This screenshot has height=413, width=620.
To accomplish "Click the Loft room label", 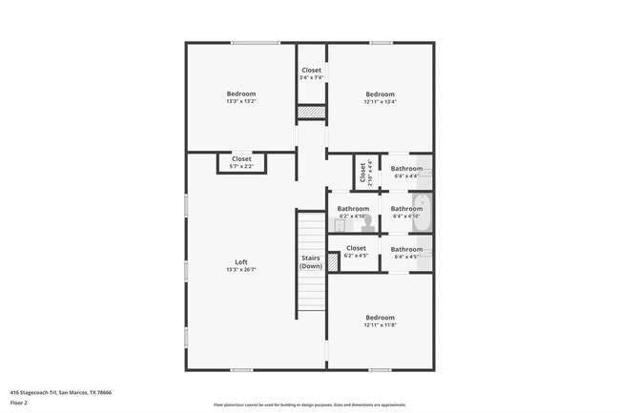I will [241, 262].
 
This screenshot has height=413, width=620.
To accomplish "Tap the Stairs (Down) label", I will [311, 261].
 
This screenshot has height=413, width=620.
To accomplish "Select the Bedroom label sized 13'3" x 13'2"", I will [241, 93].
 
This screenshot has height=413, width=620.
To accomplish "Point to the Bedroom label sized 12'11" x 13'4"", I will [380, 93].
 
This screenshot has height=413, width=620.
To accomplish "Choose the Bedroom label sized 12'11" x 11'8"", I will [380, 318].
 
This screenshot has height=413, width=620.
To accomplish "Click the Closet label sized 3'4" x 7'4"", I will [312, 70].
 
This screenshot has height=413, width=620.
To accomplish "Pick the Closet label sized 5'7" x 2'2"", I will [241, 159].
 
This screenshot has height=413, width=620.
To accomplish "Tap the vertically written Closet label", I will [362, 172].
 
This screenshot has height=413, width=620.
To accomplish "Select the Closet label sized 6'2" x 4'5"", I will [356, 248].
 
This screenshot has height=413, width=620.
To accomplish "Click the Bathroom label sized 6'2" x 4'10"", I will [353, 208].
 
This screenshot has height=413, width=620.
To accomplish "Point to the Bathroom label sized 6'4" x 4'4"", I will [406, 169].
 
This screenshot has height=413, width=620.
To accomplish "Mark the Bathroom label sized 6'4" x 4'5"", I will [406, 249].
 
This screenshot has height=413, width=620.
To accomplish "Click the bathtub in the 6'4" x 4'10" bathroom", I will [426, 212].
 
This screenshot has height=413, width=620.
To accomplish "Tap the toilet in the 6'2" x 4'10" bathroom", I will [366, 225].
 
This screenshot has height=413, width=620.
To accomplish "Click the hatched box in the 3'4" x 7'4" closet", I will [312, 113].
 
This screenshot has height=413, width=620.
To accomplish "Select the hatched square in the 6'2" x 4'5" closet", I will [334, 260].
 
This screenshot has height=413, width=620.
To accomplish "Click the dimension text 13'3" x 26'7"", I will [241, 270].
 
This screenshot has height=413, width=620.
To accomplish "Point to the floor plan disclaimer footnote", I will [310, 404].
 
